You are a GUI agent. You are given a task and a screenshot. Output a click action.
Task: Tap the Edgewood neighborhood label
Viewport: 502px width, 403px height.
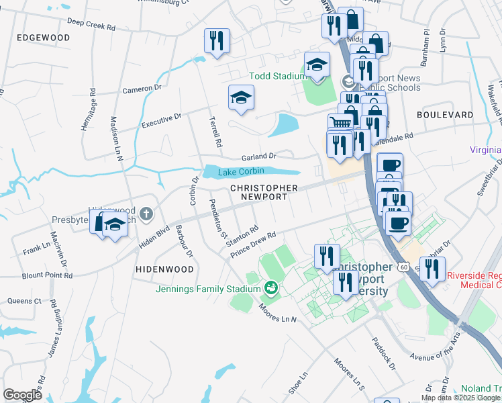click(x=44, y=38)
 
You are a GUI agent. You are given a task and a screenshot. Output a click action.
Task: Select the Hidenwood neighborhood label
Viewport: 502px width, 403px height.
click(x=164, y=269)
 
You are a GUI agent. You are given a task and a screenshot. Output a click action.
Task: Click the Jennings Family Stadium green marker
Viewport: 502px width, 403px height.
click(x=271, y=289)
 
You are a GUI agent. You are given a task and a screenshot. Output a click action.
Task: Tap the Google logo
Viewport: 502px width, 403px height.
click(x=22, y=394)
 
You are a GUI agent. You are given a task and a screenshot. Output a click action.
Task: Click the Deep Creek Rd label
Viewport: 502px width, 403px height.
click(x=91, y=26)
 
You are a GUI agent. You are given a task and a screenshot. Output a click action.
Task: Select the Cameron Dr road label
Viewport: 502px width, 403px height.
click(x=142, y=88)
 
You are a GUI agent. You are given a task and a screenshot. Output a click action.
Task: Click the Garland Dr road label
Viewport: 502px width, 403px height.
click(x=259, y=156)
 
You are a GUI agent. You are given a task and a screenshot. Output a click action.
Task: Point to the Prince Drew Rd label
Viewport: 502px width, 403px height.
click(x=254, y=244)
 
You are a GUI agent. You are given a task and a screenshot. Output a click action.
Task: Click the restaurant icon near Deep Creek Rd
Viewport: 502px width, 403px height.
click(x=217, y=40)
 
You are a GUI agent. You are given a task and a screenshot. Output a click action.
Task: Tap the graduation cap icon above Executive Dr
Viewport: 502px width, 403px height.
click(x=241, y=97)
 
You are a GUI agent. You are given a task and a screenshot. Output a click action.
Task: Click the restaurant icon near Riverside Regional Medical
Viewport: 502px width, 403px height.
click(x=432, y=269)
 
